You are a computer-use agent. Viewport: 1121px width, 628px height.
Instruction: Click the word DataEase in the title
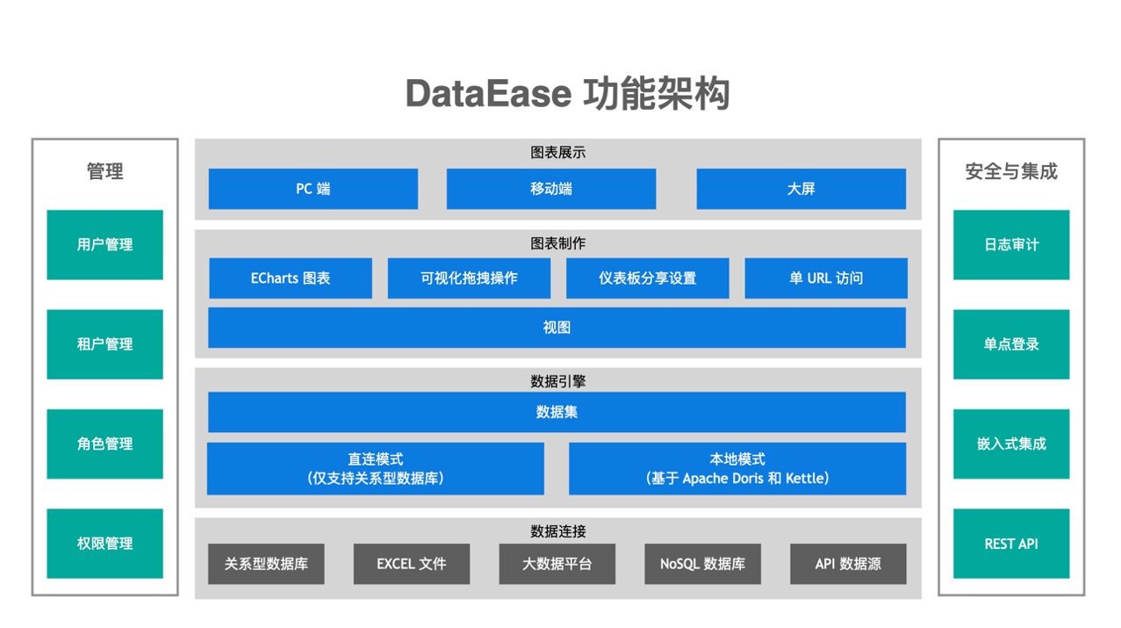coord(488,94)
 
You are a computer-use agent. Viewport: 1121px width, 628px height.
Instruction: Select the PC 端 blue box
coord(313,189)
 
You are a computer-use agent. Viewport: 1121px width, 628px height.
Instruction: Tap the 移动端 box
coord(551,189)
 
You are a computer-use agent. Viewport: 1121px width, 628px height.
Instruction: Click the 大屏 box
coord(801,189)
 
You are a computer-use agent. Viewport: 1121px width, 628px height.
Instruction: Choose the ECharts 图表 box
coord(291,278)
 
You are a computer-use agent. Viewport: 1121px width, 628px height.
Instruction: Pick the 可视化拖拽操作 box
coord(469,278)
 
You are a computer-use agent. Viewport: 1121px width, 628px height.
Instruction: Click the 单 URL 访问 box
coord(826,278)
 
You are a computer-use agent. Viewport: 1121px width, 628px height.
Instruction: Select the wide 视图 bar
coord(557,328)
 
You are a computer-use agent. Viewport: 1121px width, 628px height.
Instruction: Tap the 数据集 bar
coord(557,412)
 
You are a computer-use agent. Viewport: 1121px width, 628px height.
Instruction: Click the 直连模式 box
coord(376,469)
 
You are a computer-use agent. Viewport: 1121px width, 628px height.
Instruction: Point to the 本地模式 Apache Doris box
coord(737,469)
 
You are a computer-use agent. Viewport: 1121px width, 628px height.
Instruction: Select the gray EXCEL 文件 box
coord(412,564)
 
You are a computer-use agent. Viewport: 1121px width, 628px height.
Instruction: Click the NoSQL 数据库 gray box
coord(702,564)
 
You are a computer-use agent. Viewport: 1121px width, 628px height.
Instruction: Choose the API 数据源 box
coord(848,564)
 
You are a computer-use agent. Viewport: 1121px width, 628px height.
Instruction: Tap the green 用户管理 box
coord(105,245)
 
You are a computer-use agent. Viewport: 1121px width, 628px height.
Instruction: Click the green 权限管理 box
coord(105,544)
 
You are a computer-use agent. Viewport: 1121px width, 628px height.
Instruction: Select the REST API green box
coord(1011,544)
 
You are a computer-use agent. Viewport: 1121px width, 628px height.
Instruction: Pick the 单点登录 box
coord(1011,344)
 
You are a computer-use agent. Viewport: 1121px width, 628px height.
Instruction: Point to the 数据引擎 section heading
coord(558,381)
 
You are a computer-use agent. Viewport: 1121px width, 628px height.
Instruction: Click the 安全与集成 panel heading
coord(1011,172)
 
